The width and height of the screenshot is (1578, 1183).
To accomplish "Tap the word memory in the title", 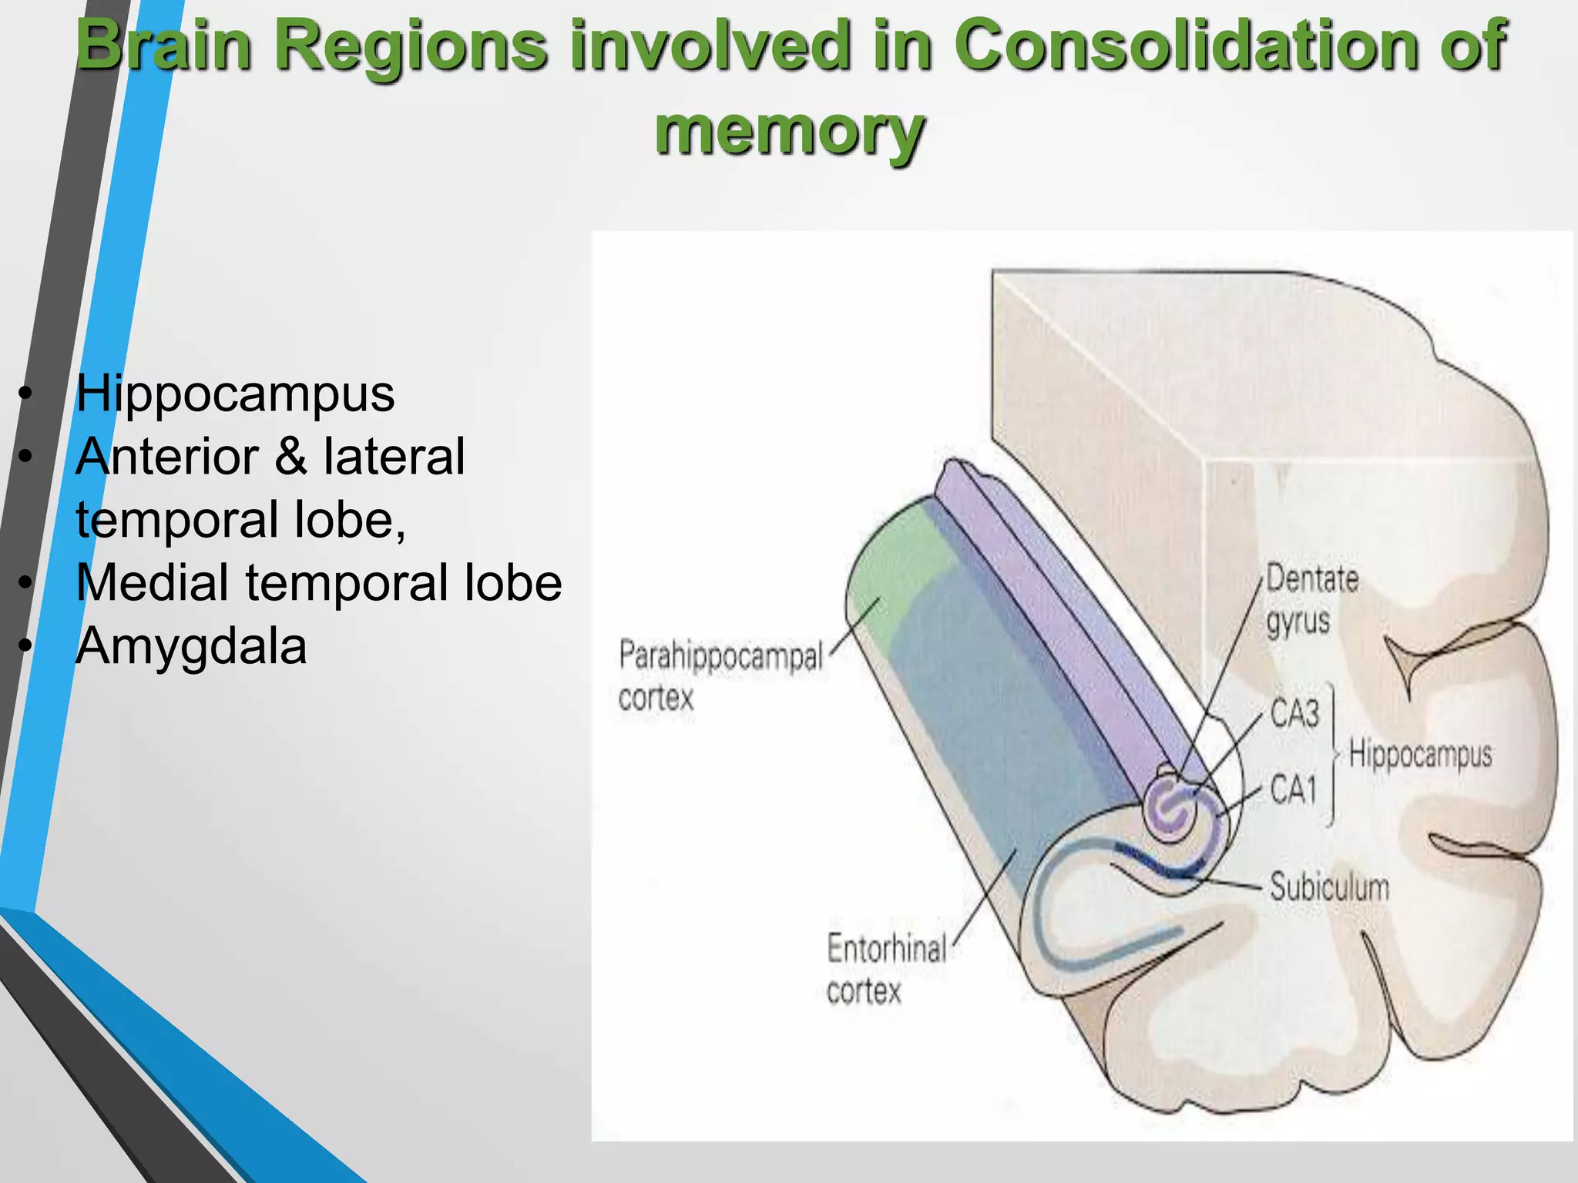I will point(789,131).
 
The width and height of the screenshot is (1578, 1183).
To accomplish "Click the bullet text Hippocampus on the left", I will point(235,394).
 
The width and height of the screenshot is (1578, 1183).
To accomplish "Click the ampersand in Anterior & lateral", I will point(290,457).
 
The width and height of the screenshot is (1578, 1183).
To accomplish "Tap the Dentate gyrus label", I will point(1311,600).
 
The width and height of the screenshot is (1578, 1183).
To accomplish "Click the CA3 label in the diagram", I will point(1294,712).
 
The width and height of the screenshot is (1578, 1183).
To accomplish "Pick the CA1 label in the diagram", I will point(1293,789).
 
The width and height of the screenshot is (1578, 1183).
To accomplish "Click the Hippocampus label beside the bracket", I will point(1420,753).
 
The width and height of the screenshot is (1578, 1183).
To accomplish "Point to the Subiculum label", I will point(1329,887).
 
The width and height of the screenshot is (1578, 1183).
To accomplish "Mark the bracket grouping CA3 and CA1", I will point(1332,753).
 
